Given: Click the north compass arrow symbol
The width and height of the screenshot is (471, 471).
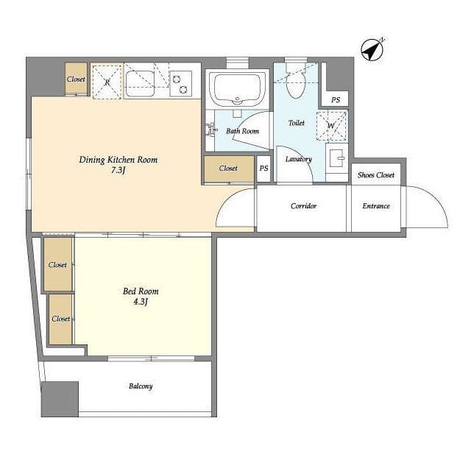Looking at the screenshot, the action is (372, 50).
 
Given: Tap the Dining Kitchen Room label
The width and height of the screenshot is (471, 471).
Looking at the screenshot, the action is (118, 160).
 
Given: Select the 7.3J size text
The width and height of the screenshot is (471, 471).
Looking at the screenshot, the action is (118, 170).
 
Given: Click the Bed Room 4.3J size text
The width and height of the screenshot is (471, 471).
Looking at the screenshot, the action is (141, 301).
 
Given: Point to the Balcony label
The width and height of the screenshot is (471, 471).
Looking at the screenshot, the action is (141, 386).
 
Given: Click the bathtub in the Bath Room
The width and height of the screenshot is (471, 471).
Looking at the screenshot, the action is (237, 88).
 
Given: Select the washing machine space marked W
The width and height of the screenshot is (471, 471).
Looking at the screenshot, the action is (331, 126).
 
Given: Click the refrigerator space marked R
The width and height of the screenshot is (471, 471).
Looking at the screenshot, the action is (107, 82).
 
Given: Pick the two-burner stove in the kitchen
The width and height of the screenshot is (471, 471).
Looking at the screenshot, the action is (180, 84).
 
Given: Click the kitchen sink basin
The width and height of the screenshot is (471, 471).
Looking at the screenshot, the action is (140, 84).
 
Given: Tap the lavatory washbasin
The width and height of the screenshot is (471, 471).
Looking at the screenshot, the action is (337, 158).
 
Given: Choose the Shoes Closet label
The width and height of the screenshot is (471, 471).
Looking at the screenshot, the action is (376, 175).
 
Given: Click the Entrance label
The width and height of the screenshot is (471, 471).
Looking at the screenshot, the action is (376, 206).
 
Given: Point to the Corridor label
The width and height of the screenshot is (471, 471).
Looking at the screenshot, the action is (303, 206).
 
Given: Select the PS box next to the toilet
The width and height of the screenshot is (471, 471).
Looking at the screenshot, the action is (336, 99).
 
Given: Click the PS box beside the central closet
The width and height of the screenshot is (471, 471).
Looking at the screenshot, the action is (263, 169).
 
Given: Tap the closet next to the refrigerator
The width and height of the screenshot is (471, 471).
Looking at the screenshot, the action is (76, 79).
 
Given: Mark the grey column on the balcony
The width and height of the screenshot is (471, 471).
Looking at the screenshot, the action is (60, 399).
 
